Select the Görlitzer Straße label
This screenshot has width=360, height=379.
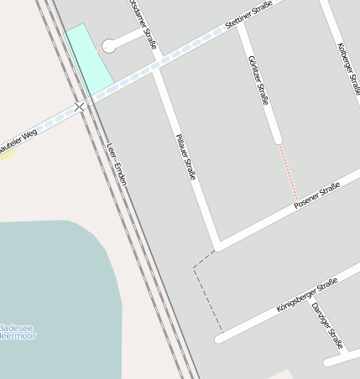259,80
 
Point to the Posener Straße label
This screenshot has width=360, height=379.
316,195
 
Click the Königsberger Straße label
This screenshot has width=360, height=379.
306,295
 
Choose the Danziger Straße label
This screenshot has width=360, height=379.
327,325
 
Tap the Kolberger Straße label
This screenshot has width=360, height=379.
348,68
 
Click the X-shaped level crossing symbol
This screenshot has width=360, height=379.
80,106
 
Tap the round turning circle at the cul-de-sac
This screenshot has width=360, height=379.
109,46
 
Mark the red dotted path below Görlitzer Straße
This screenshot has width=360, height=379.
288,171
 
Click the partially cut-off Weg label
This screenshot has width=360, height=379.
18,140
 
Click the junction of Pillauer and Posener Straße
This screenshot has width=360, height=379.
218,246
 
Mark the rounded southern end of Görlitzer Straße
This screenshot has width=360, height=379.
277,138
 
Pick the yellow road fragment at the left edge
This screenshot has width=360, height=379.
6,154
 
